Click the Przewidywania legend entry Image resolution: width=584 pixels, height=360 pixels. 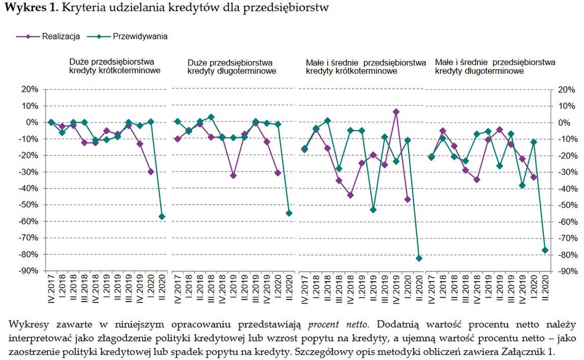[140, 37]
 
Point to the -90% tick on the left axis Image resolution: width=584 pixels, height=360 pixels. [29, 271]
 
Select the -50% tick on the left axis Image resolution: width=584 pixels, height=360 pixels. [29, 205]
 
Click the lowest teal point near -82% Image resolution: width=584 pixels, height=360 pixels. [419, 258]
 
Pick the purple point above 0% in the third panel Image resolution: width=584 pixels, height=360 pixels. [396, 112]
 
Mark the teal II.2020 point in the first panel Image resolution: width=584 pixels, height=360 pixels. [162, 217]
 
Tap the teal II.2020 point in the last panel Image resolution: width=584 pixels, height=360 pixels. [545, 250]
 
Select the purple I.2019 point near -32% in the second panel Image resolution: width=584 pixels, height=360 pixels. [233, 175]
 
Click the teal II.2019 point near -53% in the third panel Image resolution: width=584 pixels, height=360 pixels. [373, 209]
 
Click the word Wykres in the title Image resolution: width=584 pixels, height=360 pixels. [23, 8]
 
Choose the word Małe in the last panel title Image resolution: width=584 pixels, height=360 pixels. [445, 62]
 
